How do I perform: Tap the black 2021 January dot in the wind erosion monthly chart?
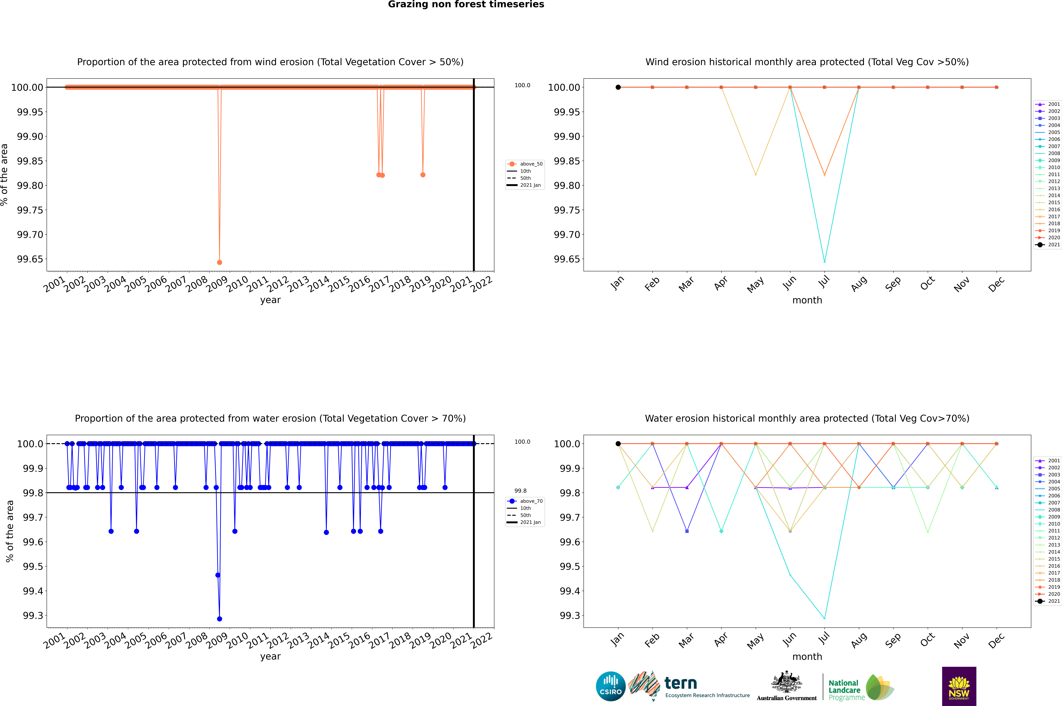coord(618,87)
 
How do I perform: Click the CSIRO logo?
coord(610,686)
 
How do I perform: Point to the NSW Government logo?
coord(959,686)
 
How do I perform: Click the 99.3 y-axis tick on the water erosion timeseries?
coord(33,615)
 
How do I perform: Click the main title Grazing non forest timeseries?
coord(466,4)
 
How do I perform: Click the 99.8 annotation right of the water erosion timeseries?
coord(520,491)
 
